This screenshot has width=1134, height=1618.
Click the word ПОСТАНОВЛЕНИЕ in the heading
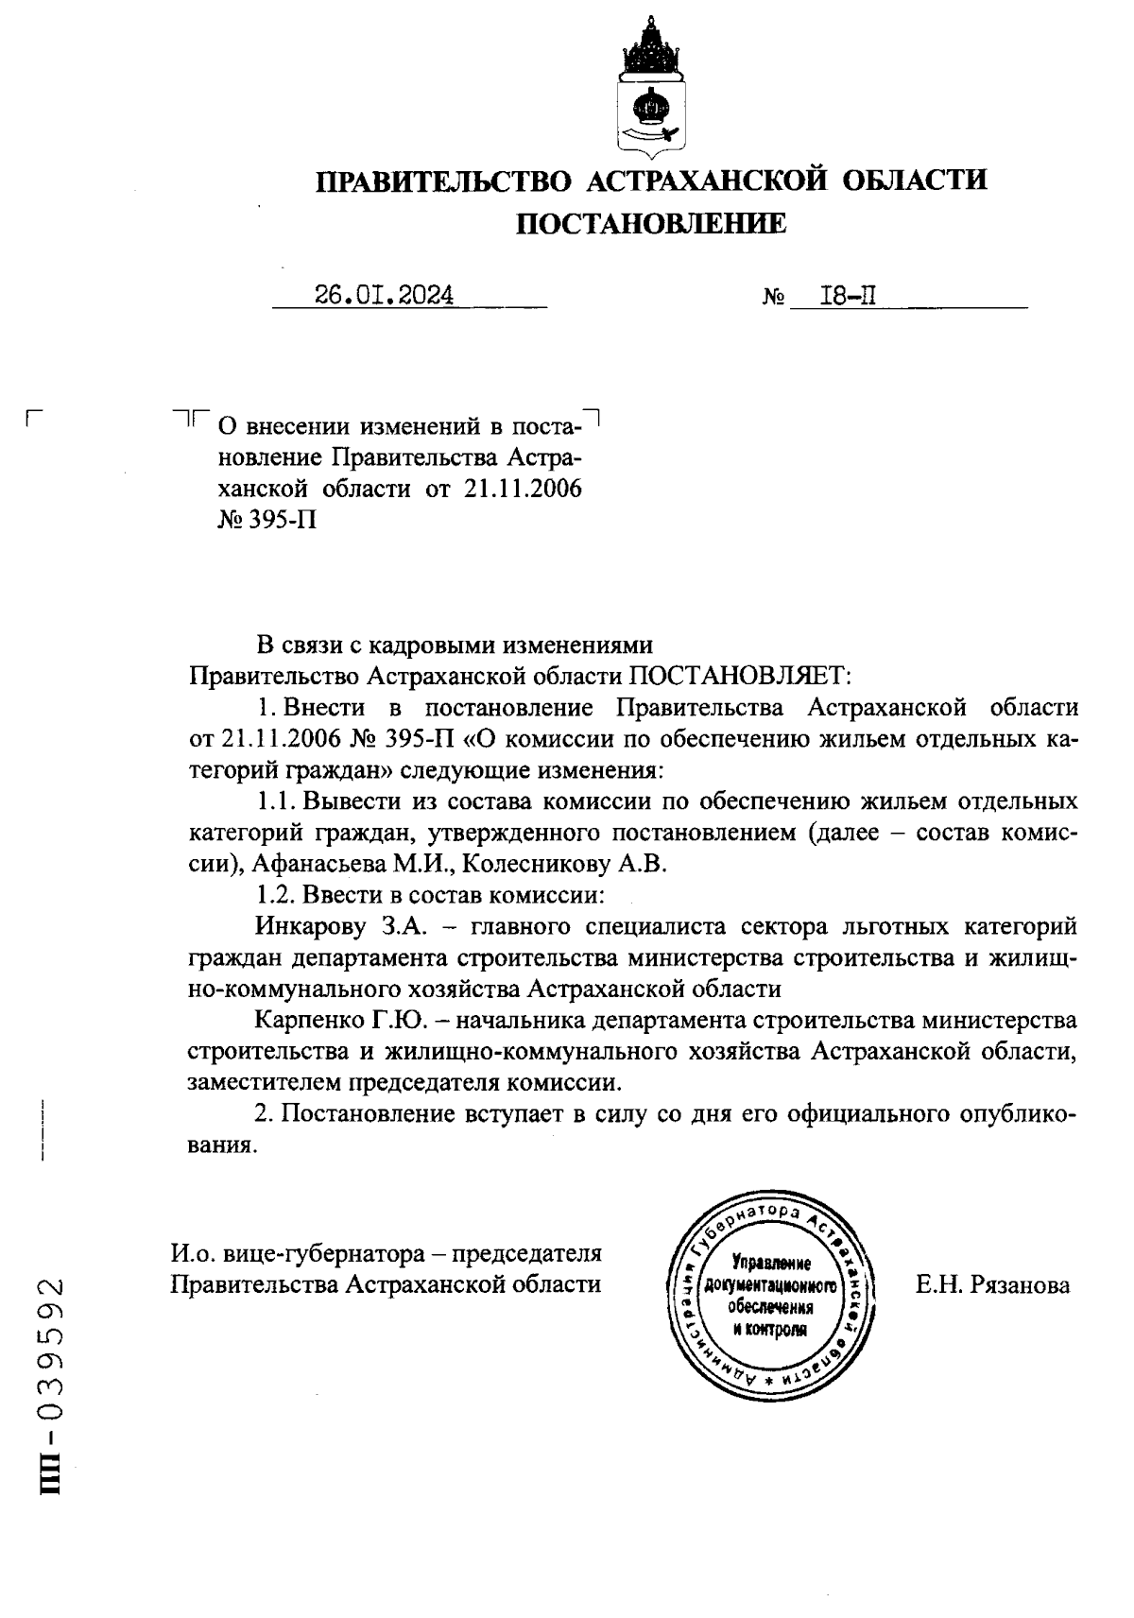click(x=650, y=223)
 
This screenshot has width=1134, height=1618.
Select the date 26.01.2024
click(x=385, y=296)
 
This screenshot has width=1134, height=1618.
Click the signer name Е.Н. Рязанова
click(x=992, y=1284)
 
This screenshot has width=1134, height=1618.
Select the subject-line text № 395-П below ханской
click(x=267, y=520)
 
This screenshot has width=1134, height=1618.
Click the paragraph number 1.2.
click(x=275, y=894)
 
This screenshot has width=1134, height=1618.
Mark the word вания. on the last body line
click(x=223, y=1145)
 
